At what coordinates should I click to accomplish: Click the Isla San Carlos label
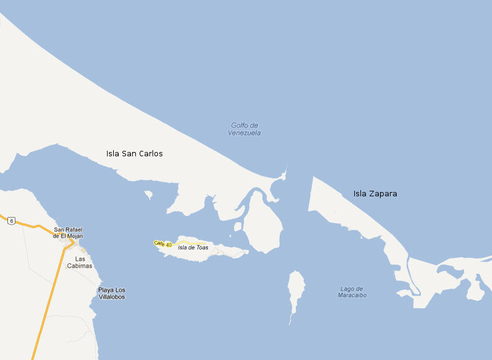pos(134,154)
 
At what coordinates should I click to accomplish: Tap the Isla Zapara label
pos(375,194)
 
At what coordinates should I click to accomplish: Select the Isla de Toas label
pos(192,247)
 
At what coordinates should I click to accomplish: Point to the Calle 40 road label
pos(163,244)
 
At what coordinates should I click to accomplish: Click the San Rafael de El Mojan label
pos(68,233)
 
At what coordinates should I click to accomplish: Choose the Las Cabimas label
pos(79,262)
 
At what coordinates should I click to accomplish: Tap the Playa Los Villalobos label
pos(112,294)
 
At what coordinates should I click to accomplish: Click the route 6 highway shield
pos(10,221)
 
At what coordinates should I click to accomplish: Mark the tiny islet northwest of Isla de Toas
pos(148,195)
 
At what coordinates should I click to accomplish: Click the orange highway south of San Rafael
pos(52,295)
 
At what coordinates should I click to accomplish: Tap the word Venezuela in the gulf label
pos(244,133)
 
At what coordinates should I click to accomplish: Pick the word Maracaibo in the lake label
pos(352,295)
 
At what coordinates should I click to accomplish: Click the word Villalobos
pos(112,297)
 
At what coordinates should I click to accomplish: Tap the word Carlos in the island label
pos(149,154)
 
